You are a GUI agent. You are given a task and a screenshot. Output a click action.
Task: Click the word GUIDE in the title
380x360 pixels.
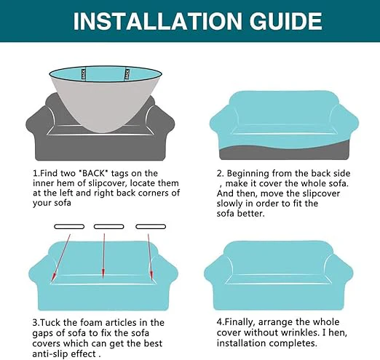(x=286, y=21)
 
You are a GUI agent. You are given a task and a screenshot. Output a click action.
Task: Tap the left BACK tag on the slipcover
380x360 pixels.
(x=84, y=74)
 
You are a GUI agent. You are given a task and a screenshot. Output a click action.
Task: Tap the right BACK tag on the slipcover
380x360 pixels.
(x=127, y=74)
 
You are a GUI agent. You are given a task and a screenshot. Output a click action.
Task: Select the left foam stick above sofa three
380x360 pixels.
(x=69, y=227)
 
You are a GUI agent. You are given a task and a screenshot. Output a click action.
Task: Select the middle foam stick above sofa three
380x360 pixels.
(x=109, y=227)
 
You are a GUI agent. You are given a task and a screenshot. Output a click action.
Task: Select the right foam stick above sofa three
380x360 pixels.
(x=151, y=227)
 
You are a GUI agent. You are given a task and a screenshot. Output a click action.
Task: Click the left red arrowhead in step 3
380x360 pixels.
(x=54, y=276)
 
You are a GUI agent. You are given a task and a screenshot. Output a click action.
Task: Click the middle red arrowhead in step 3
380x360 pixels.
(x=103, y=273)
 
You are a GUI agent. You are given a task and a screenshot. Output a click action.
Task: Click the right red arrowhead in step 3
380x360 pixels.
(x=151, y=276)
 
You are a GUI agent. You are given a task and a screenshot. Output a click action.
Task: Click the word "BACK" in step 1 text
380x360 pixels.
(x=94, y=174)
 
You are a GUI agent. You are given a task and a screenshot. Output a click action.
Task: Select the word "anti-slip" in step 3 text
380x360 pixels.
(x=50, y=354)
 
